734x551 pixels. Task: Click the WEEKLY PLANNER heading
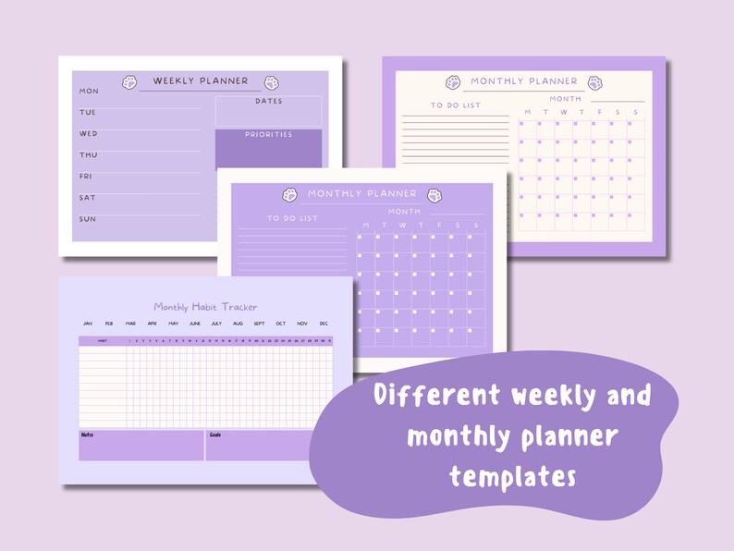tap(201, 81)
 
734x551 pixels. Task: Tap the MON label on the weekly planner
tap(89, 92)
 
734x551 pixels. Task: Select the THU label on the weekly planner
tap(89, 155)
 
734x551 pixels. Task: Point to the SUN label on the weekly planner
tap(88, 219)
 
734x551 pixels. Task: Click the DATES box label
tap(269, 102)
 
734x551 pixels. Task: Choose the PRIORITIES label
tap(269, 135)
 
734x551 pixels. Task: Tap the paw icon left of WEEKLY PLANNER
tap(129, 82)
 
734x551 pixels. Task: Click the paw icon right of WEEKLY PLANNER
tap(272, 82)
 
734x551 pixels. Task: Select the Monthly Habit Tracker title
tap(205, 307)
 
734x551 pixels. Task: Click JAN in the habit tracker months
tap(88, 324)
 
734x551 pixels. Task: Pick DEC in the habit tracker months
tap(324, 324)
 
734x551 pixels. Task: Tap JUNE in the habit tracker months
tap(195, 324)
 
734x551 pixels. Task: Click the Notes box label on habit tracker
tap(88, 435)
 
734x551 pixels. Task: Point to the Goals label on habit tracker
tap(215, 435)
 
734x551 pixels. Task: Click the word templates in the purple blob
tap(513, 476)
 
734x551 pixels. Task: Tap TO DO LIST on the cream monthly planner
tap(455, 105)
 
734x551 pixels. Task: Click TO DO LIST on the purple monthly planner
tap(292, 218)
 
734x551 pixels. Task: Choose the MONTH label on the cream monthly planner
tap(566, 99)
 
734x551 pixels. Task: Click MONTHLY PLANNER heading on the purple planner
tap(362, 194)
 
